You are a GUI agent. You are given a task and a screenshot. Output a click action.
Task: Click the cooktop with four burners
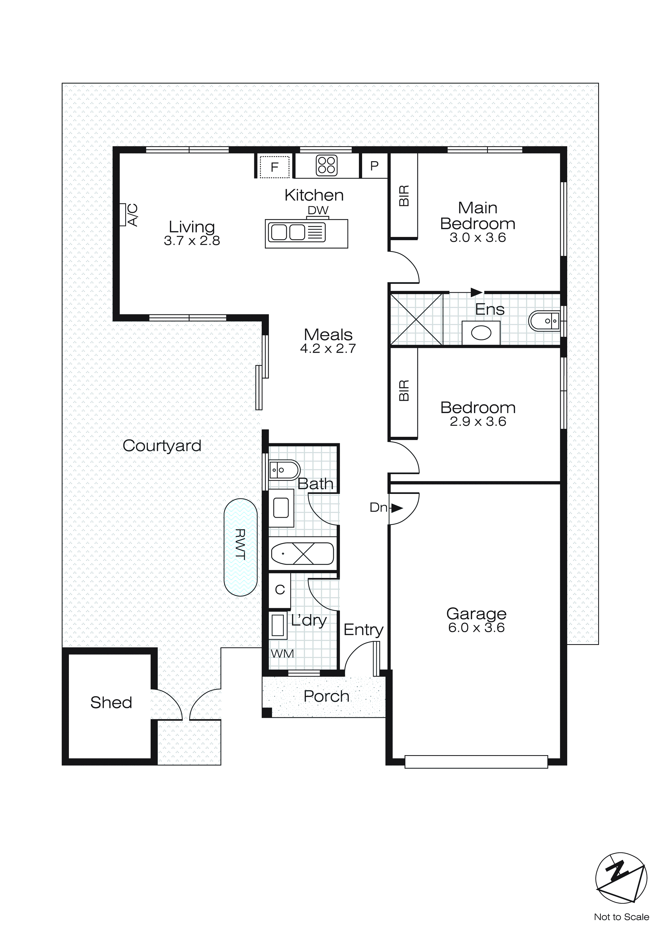coord(327,166)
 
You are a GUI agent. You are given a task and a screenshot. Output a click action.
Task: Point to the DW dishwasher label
coord(318,211)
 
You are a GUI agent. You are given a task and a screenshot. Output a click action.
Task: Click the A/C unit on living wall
coord(123,215)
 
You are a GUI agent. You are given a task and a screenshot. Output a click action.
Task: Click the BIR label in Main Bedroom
coord(404,196)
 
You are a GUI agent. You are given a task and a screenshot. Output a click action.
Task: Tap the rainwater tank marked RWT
coord(241,547)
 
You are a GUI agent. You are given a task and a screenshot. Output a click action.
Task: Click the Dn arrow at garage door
coord(396,508)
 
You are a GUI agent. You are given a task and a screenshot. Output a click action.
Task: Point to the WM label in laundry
coord(282,653)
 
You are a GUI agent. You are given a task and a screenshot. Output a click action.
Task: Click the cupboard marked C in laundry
coord(280,590)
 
